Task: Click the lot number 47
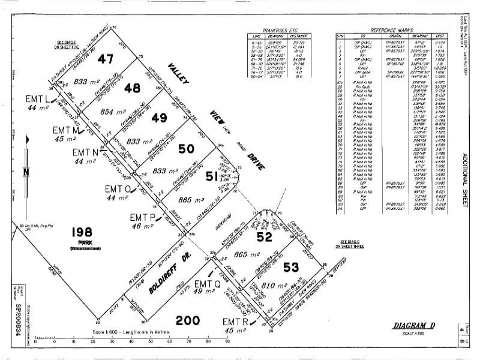click(106, 59)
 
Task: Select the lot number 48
click(131, 88)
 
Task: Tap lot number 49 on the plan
click(159, 116)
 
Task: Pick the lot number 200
click(187, 320)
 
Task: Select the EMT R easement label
click(235, 322)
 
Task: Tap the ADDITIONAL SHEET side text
click(464, 180)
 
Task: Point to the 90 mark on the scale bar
click(227, 344)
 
